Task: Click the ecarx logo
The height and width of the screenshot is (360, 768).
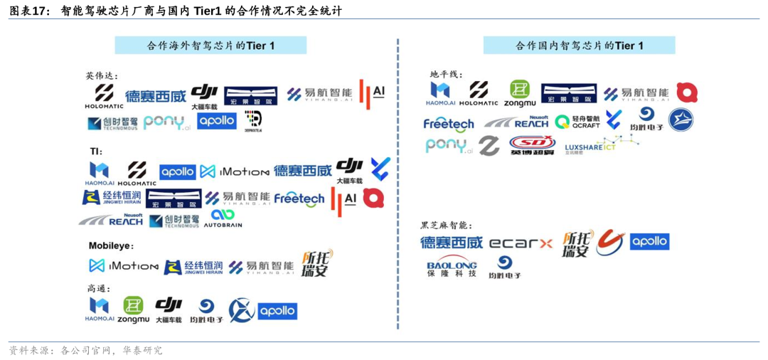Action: pos(521,243)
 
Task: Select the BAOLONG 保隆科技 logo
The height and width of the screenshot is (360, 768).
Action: pos(452,265)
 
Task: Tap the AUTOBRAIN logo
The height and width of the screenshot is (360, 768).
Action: pos(223,218)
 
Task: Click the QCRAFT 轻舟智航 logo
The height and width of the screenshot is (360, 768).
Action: pos(577,122)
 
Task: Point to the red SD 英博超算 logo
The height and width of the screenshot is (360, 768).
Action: pos(532,145)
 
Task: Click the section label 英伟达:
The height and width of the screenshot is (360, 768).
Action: pos(102,75)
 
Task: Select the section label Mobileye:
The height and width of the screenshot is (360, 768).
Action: pos(111,245)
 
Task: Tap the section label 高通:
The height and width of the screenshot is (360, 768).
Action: pos(99,288)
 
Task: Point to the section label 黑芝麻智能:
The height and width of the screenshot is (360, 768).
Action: pos(446,225)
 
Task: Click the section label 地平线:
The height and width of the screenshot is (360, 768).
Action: pos(446,74)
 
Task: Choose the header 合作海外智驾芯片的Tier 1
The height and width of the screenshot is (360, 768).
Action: pos(210,46)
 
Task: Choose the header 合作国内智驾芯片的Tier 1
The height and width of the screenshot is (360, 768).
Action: pos(579,46)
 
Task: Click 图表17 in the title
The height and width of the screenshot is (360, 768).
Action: pos(30,11)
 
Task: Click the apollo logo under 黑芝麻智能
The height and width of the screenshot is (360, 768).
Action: pos(649,241)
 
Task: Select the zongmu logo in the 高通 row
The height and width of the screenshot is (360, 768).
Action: pos(133,310)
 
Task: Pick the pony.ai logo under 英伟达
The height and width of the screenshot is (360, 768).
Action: pos(166,122)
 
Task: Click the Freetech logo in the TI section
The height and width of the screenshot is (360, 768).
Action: pos(299,198)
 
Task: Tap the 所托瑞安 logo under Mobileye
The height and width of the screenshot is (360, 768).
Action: pos(316,263)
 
